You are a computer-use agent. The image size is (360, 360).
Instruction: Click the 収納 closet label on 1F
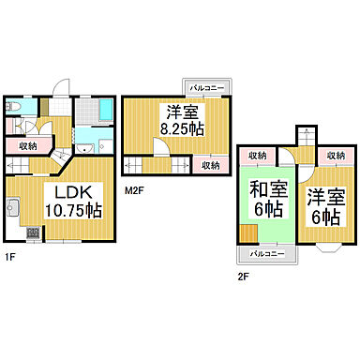27,145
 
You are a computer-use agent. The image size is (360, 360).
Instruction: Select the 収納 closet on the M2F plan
210,165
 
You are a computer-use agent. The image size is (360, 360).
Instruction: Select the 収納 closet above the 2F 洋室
333,155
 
